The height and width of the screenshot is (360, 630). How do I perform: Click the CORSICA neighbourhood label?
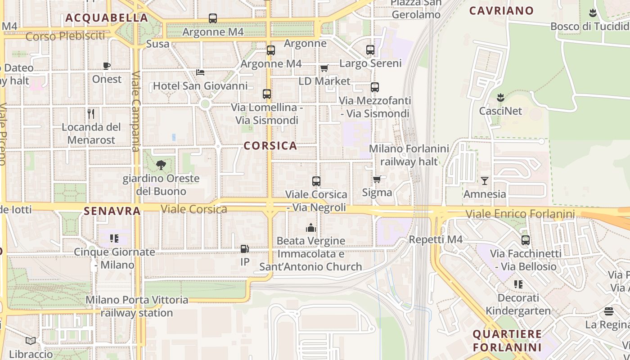point(270,145)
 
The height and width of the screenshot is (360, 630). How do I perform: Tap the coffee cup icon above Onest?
point(107,66)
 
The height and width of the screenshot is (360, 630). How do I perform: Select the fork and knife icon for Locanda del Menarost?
point(91,113)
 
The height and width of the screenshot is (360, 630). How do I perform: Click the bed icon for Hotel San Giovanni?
point(200,72)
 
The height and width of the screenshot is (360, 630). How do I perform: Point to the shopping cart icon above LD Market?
point(324,68)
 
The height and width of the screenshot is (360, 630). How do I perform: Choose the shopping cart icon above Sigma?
point(377,179)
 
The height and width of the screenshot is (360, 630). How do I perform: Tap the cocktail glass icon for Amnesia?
point(484,180)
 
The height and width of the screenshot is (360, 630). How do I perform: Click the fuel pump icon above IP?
point(245,248)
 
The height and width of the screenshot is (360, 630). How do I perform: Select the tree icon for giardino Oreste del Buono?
point(161,165)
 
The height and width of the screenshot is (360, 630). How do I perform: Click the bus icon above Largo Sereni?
point(370,50)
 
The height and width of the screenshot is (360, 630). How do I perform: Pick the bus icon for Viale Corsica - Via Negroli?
point(316,181)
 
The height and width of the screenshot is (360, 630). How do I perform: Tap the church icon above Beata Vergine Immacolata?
point(310,228)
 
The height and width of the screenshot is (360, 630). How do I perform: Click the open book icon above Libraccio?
point(31,341)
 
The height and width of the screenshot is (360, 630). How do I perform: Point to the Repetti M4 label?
point(436,239)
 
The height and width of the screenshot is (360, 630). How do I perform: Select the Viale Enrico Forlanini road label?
point(520,214)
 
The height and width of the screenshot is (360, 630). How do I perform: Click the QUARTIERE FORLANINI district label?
point(507,341)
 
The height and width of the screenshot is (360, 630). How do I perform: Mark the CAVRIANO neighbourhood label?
point(501,10)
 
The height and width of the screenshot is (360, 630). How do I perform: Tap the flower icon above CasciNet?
point(500,97)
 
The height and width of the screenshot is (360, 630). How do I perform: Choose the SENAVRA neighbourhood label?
point(112,210)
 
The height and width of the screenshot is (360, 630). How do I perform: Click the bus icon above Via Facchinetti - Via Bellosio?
point(525,240)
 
